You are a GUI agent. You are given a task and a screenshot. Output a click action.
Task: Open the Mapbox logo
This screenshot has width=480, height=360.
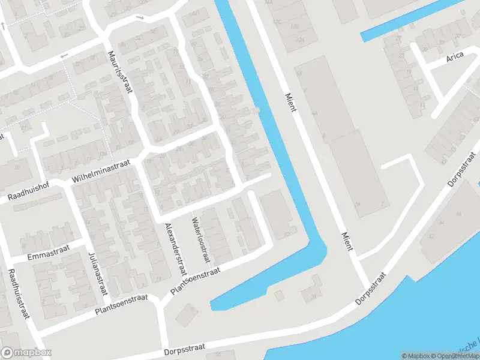click(x=26, y=353)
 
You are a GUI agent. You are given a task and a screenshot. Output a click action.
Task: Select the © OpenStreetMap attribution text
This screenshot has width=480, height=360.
click(x=457, y=356)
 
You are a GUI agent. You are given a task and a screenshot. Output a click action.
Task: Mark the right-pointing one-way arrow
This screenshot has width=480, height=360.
click(x=140, y=17)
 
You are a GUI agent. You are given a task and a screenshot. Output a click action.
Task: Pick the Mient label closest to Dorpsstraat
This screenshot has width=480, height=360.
click(x=347, y=243)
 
